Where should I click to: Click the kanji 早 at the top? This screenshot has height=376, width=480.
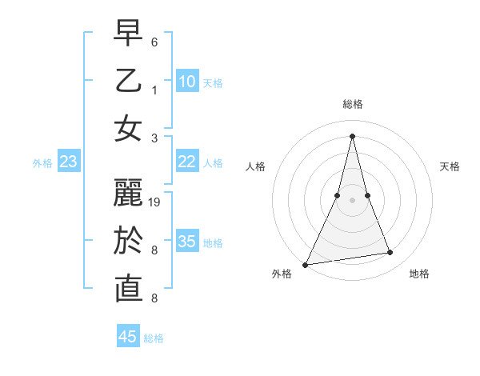point(129,33)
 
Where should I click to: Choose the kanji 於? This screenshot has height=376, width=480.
point(129,241)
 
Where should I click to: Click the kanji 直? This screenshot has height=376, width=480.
point(129,289)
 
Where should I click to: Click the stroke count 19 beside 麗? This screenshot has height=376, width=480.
point(155,202)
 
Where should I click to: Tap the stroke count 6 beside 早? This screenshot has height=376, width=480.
point(154,42)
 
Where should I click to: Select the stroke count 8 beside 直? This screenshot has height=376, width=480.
point(154,298)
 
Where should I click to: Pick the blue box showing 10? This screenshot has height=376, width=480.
point(187,82)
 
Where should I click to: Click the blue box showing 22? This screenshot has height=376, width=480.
point(187,162)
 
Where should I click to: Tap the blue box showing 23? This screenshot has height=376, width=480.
point(69,162)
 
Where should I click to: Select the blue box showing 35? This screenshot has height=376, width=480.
point(187,242)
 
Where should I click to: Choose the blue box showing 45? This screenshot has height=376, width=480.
point(128,337)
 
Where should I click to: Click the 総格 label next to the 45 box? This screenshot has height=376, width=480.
point(154,338)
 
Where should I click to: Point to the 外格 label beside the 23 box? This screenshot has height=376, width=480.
point(42,163)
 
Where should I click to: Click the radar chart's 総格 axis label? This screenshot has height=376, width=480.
point(352,104)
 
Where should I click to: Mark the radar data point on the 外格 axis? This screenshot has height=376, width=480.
point(305,264)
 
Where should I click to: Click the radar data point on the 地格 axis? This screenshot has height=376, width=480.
point(390,253)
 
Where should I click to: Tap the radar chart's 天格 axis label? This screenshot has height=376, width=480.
point(450,166)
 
